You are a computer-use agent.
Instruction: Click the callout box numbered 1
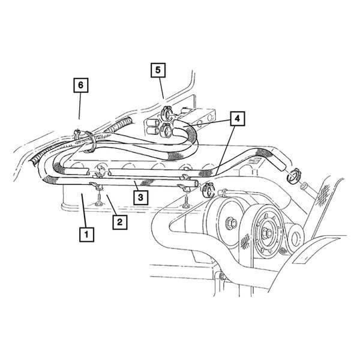pyautogui.click(x=88, y=233)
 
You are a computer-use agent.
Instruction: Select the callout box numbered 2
pyautogui.click(x=119, y=222)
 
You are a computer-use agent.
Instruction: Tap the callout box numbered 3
pyautogui.click(x=139, y=196)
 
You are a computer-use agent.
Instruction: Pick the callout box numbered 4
pyautogui.click(x=237, y=119)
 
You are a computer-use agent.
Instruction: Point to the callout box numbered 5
pyautogui.click(x=157, y=71)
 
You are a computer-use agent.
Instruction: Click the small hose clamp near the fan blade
pyautogui.click(x=295, y=175)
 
